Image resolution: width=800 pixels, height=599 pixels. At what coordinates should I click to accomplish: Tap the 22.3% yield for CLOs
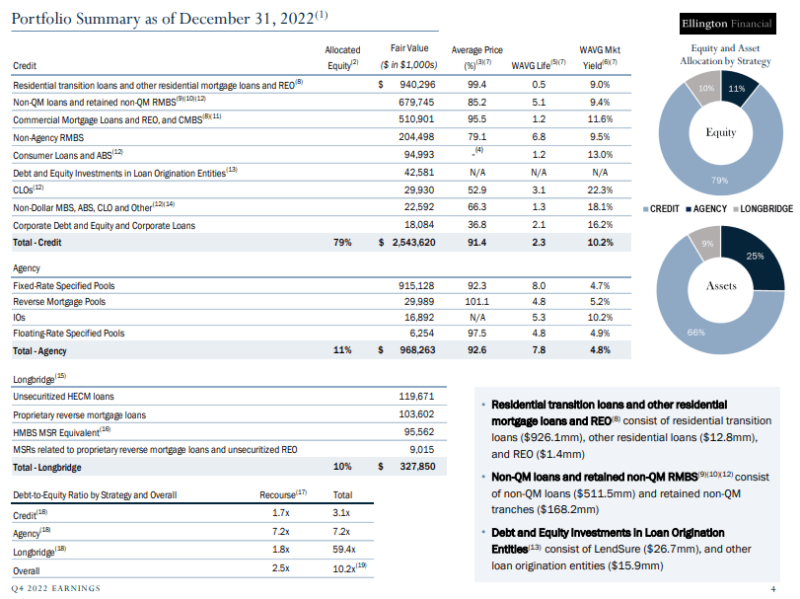(598, 189)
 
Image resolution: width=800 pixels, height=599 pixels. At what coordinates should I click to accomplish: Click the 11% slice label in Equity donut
(735, 89)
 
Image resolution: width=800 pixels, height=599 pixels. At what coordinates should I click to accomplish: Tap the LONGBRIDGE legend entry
(764, 209)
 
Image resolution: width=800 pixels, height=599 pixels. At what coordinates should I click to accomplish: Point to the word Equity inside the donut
(721, 132)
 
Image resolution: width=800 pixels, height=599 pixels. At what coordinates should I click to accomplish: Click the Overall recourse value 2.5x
(280, 568)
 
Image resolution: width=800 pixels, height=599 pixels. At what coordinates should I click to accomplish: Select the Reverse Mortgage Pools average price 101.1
(476, 301)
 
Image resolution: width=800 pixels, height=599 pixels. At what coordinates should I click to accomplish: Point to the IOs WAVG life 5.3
(538, 318)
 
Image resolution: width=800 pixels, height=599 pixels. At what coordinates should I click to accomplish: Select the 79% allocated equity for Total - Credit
(342, 243)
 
